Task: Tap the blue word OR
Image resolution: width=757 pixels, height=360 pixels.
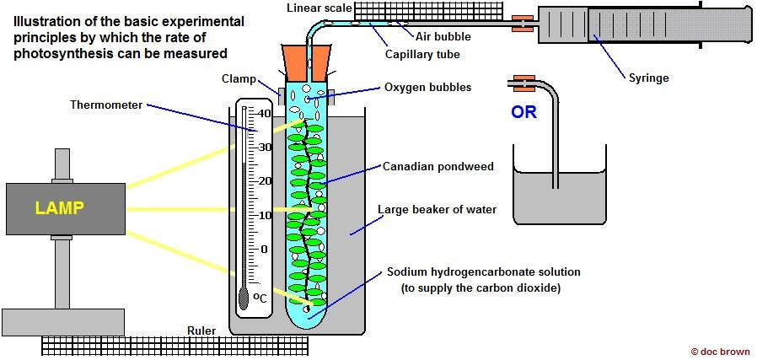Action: coord(523,112)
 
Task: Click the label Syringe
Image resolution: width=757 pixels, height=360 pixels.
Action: coord(648,78)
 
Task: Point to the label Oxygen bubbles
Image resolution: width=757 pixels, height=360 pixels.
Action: coord(427,87)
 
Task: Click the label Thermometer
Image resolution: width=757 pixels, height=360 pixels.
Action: coord(105,105)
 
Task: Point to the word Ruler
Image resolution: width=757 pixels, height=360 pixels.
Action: coord(201,331)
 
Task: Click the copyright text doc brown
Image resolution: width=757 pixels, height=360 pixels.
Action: coord(719,351)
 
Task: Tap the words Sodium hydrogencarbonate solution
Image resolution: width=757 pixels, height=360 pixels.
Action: coord(472,272)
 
